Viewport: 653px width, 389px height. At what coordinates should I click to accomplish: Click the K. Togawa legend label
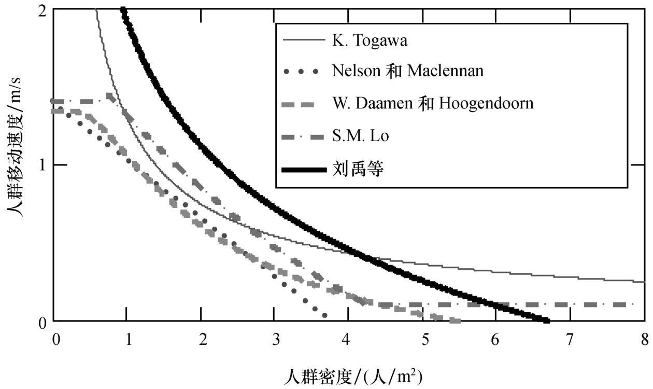pyautogui.click(x=370, y=41)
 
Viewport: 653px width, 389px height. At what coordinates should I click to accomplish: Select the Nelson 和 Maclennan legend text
pyautogui.click(x=407, y=71)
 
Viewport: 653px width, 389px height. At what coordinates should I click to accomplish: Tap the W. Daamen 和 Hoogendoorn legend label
pyautogui.click(x=433, y=103)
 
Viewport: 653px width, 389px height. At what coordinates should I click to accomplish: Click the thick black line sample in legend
pyautogui.click(x=303, y=169)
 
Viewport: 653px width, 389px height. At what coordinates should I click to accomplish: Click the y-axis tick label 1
pyautogui.click(x=43, y=165)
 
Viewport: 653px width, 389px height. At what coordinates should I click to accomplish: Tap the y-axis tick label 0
pyautogui.click(x=43, y=322)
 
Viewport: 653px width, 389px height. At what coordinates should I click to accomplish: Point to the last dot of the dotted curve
pyautogui.click(x=325, y=315)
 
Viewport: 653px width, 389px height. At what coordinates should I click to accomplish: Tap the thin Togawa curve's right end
pyautogui.click(x=644, y=282)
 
